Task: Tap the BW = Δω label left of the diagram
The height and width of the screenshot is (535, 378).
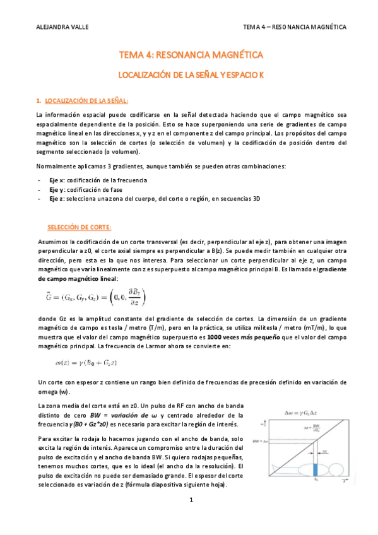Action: pyautogui.click(x=260, y=440)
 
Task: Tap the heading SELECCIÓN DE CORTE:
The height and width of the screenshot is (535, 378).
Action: pyautogui.click(x=80, y=226)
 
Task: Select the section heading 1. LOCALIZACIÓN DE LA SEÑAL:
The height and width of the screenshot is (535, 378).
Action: pyautogui.click(x=83, y=100)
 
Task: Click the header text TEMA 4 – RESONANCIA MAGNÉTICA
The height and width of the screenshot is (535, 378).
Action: pyautogui.click(x=295, y=28)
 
